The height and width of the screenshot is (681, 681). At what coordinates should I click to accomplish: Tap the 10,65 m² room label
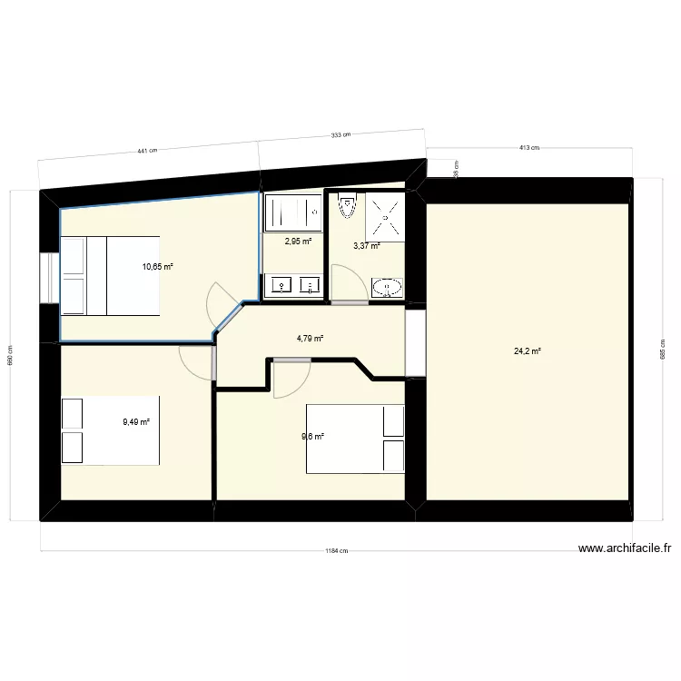(x=157, y=266)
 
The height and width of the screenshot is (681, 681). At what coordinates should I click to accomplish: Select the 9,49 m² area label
(x=137, y=420)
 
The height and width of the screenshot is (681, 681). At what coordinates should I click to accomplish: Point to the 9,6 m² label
(x=313, y=437)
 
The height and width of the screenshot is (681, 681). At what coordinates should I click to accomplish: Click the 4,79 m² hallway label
(x=310, y=339)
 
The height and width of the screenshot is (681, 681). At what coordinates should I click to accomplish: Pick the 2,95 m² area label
(x=298, y=242)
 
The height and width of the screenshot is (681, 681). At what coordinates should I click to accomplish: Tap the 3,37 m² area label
(x=366, y=245)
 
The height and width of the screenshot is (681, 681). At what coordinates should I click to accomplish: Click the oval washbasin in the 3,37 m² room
(x=386, y=288)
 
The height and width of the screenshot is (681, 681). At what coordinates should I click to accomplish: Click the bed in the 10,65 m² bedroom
(x=110, y=274)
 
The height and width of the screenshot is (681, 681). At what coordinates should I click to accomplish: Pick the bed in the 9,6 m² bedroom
(x=355, y=439)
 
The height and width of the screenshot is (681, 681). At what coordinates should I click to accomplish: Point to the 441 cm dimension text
(x=147, y=152)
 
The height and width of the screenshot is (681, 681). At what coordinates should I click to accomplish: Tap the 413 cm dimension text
(x=528, y=147)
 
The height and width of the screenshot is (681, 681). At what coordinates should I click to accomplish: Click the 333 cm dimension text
(x=340, y=135)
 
